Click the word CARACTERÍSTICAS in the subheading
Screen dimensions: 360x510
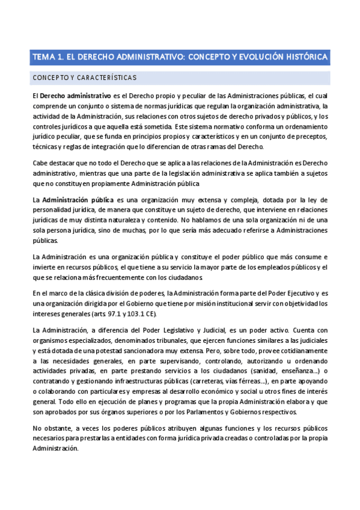click(107, 78)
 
